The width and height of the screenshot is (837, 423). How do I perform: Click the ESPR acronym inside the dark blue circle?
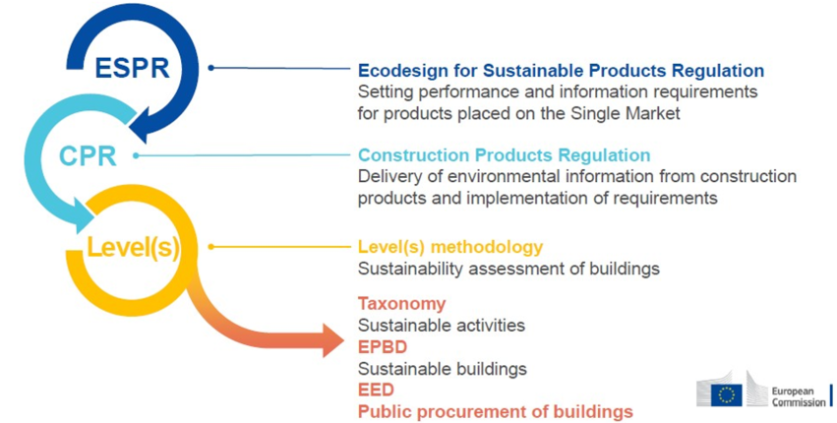(x=133, y=68)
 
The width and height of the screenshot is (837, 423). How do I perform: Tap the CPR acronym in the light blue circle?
(x=89, y=156)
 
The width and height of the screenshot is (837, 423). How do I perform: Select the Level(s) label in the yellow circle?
(x=133, y=247)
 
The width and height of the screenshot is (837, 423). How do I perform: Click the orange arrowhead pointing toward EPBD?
(x=332, y=338)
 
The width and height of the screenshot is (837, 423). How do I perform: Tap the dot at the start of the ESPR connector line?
(x=210, y=68)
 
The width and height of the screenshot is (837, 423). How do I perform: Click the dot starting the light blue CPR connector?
(x=136, y=155)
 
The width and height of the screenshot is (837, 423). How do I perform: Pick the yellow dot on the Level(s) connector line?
(x=210, y=247)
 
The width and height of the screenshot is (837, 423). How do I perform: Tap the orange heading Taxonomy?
(x=401, y=304)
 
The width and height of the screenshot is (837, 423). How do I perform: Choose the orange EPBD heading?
(x=383, y=347)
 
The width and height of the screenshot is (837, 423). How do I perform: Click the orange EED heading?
(x=376, y=390)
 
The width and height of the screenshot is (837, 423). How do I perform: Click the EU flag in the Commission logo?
(x=726, y=395)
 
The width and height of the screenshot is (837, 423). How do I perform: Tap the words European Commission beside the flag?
(x=798, y=396)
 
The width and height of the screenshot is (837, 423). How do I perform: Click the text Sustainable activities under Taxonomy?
(x=442, y=326)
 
